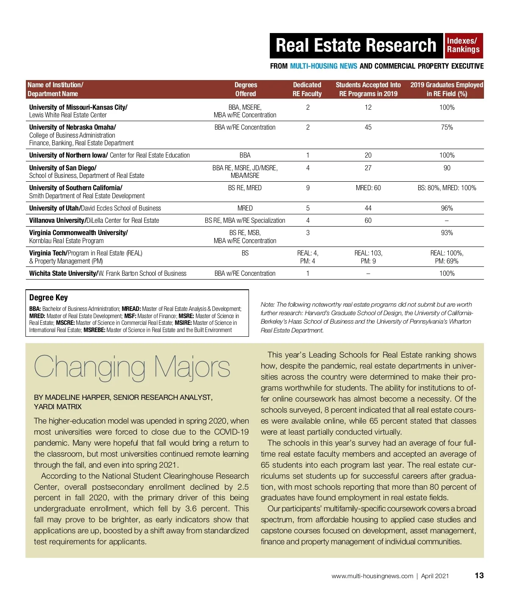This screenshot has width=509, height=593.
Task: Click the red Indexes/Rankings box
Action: pos(463,45)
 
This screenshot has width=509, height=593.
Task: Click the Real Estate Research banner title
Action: pos(356,45)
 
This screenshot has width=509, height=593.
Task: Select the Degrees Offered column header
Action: pos(246,89)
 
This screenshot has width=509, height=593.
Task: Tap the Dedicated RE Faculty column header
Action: pos(307,89)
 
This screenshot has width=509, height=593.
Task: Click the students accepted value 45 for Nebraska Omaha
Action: pos(368,127)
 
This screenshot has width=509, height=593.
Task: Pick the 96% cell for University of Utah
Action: pos(447,208)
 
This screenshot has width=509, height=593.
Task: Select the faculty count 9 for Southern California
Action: pos(308,188)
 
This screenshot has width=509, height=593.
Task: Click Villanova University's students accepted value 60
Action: pos(368,220)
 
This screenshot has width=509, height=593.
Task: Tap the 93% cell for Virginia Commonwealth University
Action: pos(447,233)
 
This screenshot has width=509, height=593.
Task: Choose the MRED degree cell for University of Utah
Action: pos(245,208)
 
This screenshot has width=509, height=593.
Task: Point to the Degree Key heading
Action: pos(48,297)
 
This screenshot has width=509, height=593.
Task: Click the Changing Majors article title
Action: pos(132,366)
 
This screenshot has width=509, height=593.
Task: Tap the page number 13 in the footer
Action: pos(479,575)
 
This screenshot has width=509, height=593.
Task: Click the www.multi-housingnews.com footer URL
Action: pos(372,576)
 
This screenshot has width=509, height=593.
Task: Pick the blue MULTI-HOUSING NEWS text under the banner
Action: pos(323,66)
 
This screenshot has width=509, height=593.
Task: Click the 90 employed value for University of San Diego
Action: pos(447,168)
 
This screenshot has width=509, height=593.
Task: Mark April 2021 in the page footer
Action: pos(435,576)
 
